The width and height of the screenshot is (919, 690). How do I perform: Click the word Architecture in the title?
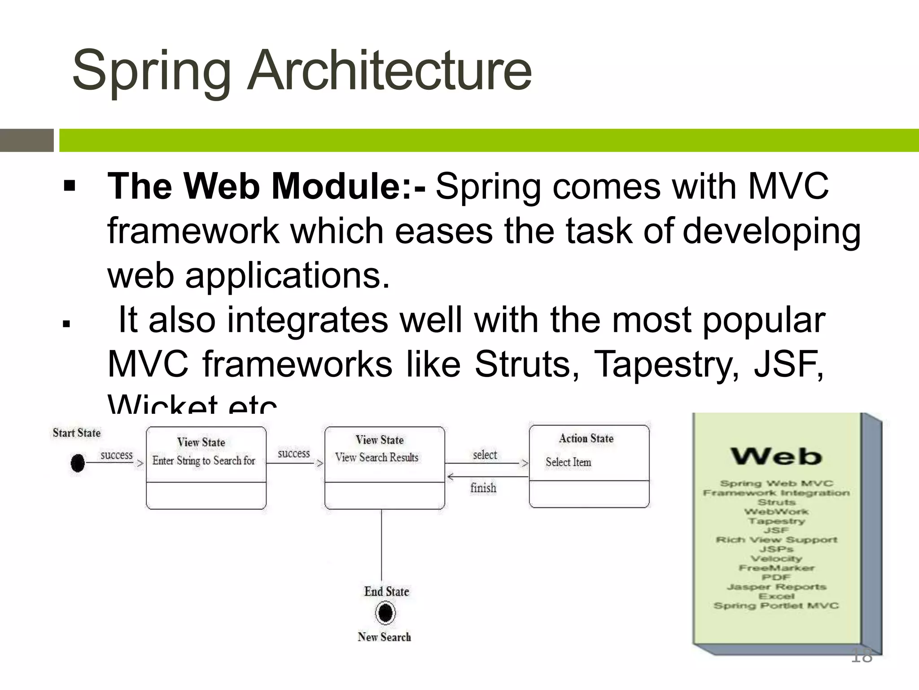[389, 71]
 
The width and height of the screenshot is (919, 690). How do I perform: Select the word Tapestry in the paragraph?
[666, 364]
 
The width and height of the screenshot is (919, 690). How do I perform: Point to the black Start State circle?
[78, 463]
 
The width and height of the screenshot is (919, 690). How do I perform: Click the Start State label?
[77, 433]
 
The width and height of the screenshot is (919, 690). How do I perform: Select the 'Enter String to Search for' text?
[203, 460]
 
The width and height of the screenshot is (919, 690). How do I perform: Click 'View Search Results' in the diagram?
[376, 457]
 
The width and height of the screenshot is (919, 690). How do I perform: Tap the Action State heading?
[586, 438]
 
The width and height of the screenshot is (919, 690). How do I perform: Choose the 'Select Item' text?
[568, 462]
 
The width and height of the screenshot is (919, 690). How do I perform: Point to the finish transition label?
[483, 488]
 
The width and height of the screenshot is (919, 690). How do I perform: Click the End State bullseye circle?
[385, 613]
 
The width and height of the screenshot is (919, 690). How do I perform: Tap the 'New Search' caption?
[384, 637]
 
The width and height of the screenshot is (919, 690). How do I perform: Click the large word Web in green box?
[776, 456]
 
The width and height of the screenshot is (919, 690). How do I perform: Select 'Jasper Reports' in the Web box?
[776, 587]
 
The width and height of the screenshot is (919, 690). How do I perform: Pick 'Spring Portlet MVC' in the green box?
[776, 606]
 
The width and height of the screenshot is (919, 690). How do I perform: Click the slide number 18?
[862, 656]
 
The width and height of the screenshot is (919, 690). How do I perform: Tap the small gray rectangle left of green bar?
[27, 140]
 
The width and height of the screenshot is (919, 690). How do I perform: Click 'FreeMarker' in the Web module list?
[776, 568]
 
